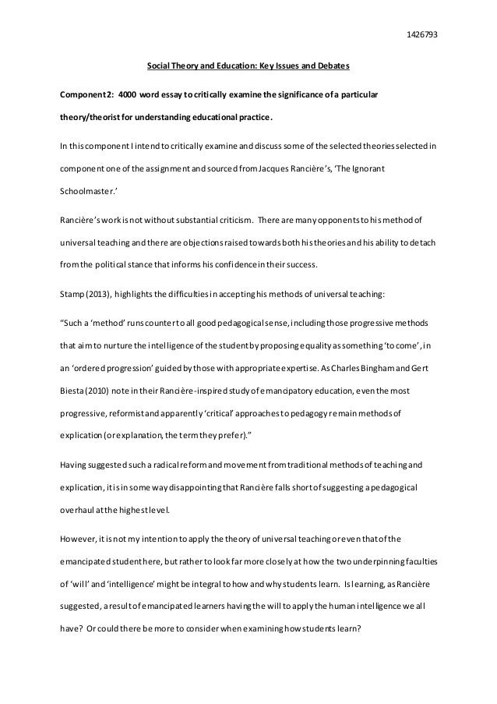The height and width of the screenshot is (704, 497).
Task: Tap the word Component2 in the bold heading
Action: point(81,94)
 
